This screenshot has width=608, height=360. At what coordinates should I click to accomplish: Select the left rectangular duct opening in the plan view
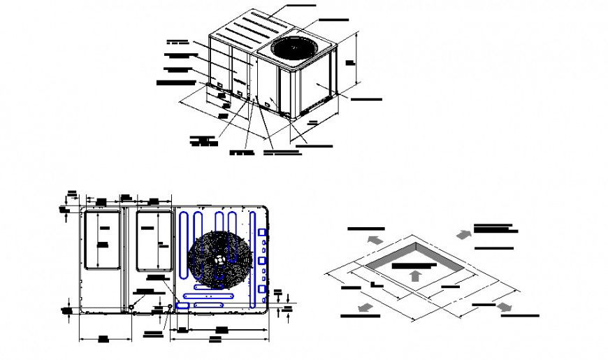101,240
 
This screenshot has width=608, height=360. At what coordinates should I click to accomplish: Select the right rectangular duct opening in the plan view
154,240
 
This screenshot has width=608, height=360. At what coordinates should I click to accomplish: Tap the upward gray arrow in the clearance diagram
415,275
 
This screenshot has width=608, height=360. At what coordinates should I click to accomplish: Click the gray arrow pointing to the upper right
462,233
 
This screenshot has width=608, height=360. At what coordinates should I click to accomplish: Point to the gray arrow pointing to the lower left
363,308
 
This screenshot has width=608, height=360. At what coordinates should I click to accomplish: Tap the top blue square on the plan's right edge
263,232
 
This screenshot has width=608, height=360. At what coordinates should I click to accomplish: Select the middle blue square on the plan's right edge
263,260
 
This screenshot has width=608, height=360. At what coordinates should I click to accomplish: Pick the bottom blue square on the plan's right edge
263,288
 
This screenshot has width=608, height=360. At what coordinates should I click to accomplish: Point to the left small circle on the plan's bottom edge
131,307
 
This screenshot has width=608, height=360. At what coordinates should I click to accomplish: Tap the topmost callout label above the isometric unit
301,6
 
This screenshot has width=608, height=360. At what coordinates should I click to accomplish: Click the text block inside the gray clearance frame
414,266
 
